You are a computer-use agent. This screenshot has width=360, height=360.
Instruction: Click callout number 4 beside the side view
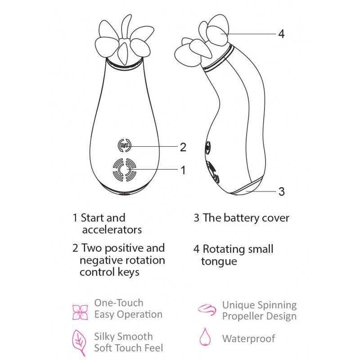[281, 34]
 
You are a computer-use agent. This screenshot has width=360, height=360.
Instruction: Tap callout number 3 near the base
[282, 191]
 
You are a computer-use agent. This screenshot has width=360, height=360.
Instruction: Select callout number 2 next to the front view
[183, 147]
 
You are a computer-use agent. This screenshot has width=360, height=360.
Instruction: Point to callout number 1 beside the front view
[183, 170]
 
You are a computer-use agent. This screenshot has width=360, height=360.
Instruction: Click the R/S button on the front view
[124, 145]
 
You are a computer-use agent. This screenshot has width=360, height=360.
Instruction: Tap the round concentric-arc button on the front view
[125, 170]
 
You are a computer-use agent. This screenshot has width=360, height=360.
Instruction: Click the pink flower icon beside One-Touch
[80, 312]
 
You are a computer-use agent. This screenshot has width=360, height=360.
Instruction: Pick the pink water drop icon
[205, 337]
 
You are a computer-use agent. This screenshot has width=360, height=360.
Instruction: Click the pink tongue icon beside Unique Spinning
[207, 310]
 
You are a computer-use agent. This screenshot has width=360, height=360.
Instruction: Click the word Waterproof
[249, 339]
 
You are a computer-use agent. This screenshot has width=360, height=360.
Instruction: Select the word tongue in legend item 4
[219, 262]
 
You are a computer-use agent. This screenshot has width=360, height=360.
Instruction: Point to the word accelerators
[112, 229]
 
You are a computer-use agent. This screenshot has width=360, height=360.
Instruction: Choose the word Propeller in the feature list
[243, 316]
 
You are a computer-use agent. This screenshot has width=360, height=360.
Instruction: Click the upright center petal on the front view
[126, 27]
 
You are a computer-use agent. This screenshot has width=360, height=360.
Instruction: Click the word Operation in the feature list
[139, 315]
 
